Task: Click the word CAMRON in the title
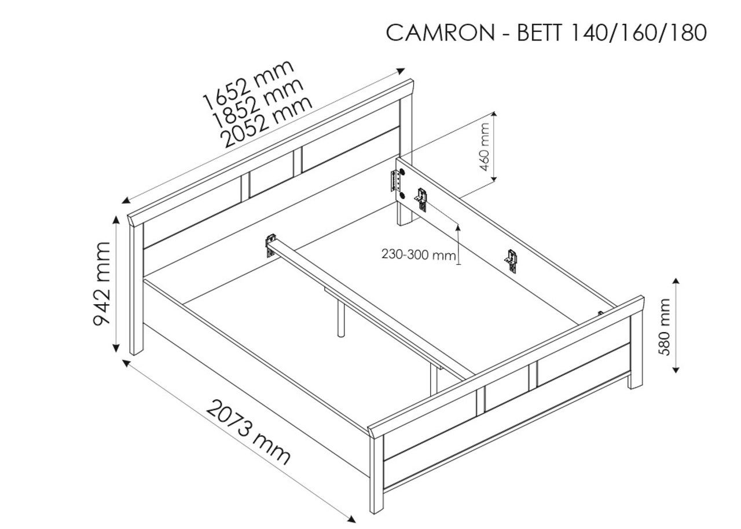coord(441,33)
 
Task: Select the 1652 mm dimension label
coord(248,85)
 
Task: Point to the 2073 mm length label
coord(249,433)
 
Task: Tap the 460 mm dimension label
coord(485,147)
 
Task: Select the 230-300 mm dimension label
coord(419,254)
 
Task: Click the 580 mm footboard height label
coord(664,327)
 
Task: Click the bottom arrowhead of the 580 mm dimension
coord(676,369)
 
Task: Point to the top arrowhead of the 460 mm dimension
coord(494,114)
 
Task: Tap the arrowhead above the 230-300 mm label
coord(458,228)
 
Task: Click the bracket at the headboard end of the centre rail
coord(271,245)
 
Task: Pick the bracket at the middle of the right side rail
coord(511,261)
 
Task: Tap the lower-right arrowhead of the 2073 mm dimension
coord(352,519)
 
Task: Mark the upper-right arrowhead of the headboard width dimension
coord(401,71)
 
